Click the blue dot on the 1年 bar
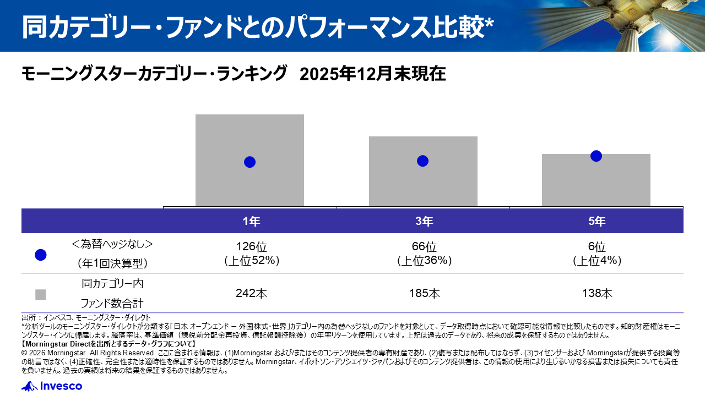pyautogui.click(x=250, y=162)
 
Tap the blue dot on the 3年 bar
pyautogui.click(x=422, y=161)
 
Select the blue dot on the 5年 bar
pyautogui.click(x=596, y=156)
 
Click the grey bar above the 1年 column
pyautogui.click(x=250, y=132)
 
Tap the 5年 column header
pyautogui.click(x=596, y=222)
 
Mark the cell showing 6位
pyautogui.click(x=596, y=247)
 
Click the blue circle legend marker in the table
pyautogui.click(x=40, y=255)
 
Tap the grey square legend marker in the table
pyautogui.click(x=40, y=294)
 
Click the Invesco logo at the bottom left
pyautogui.click(x=52, y=386)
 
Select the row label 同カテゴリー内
pyautogui.click(x=112, y=284)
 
